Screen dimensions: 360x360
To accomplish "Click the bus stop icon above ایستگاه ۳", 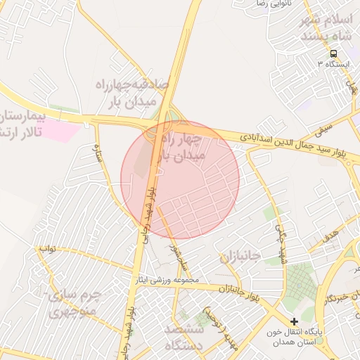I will (x=333, y=53).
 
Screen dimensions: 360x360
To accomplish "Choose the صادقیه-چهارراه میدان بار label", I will (x=133, y=94).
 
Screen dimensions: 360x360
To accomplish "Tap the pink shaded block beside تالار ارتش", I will (x=62, y=131).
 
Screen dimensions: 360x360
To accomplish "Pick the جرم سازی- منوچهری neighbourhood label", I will (x=75, y=302).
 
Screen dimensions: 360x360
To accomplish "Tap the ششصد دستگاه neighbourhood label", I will (x=184, y=337).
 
